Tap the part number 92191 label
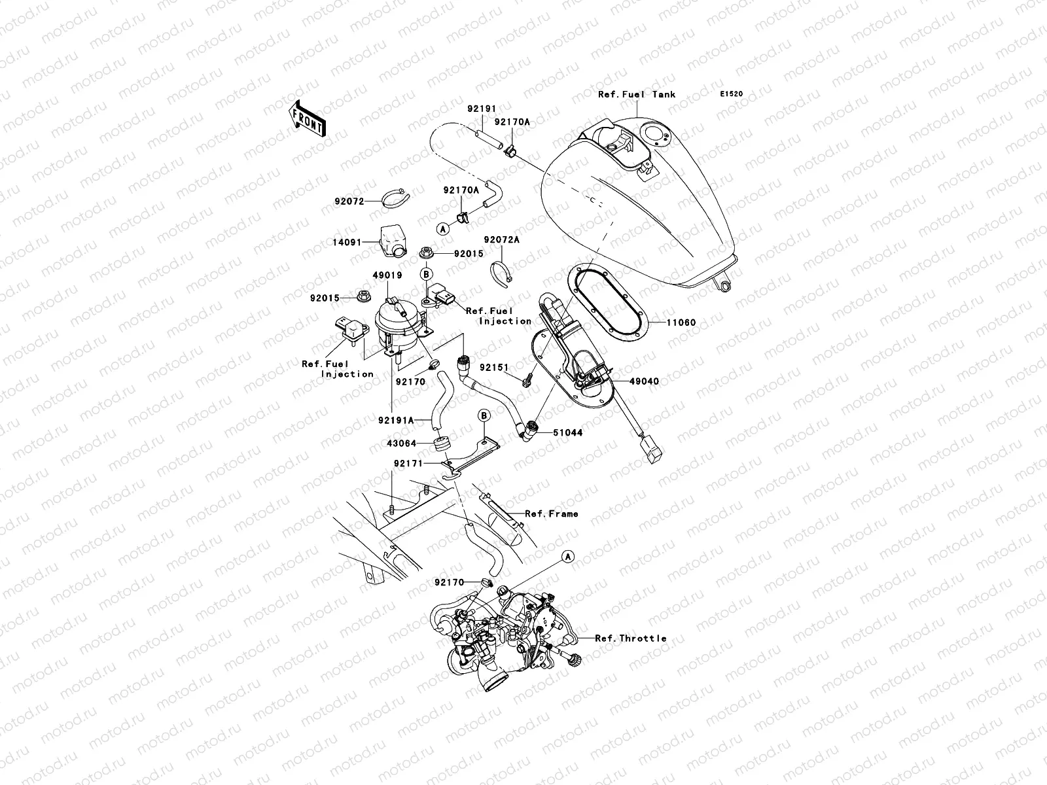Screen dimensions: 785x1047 click(x=482, y=109)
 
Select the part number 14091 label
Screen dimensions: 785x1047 click(x=347, y=242)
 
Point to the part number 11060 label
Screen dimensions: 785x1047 click(x=681, y=323)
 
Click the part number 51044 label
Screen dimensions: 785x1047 click(x=567, y=432)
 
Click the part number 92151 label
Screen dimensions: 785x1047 click(x=494, y=368)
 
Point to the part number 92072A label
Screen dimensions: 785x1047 click(x=502, y=240)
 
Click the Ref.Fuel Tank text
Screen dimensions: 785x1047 click(x=637, y=94)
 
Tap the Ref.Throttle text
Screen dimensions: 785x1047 click(x=631, y=638)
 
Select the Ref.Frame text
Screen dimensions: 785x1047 click(x=552, y=514)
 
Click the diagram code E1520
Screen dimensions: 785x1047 click(x=732, y=94)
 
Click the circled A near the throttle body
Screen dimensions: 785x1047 click(x=567, y=556)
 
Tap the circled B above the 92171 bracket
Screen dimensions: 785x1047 click(x=484, y=415)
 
